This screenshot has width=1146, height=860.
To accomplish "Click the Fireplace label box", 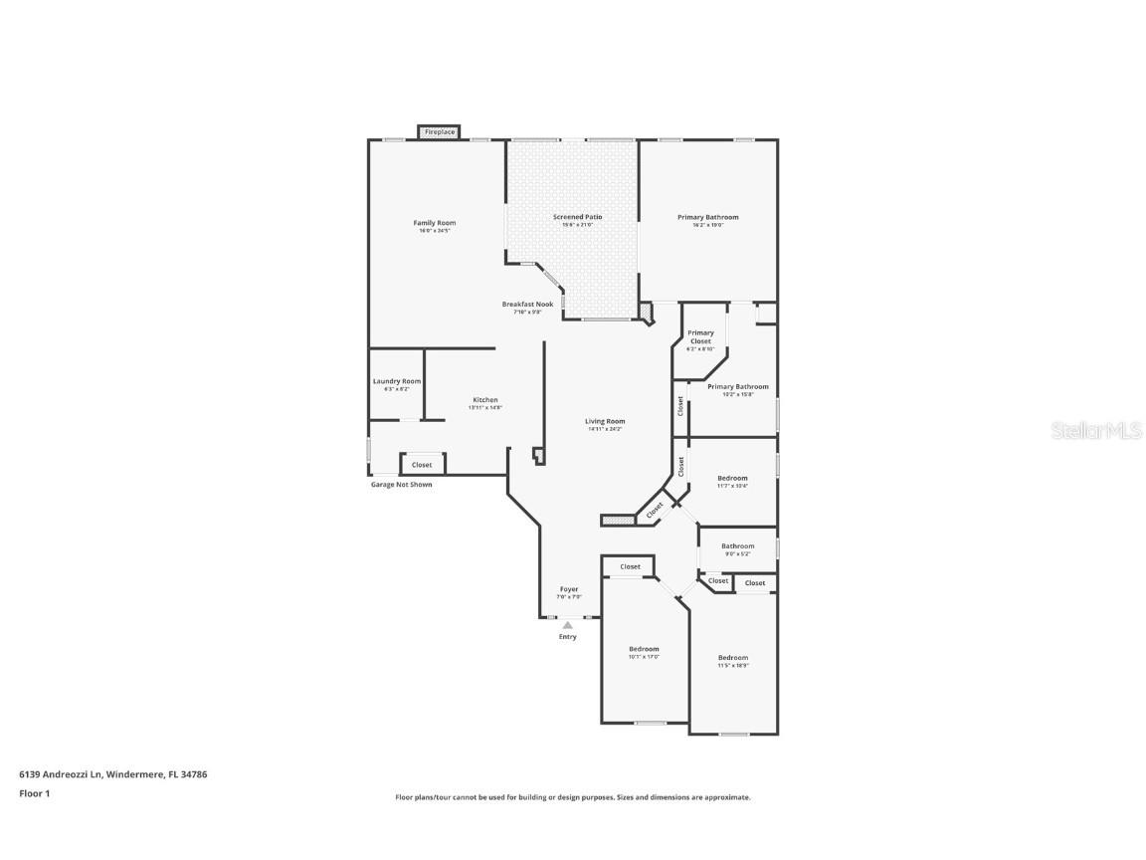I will [439, 131].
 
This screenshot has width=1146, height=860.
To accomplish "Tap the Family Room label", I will [434, 223].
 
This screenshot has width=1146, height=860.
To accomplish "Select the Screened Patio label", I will [577, 217].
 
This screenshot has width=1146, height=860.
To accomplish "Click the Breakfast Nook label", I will [527, 305].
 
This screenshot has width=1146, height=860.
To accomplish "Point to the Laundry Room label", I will [397, 381].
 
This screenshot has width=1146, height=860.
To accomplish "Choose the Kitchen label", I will [485, 400].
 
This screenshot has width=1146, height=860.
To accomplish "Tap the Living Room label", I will [605, 422].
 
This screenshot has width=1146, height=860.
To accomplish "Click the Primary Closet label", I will [700, 337].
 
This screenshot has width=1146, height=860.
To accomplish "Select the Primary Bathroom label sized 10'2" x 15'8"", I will [737, 387].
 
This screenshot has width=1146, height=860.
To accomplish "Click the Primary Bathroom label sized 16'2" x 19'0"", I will [707, 217].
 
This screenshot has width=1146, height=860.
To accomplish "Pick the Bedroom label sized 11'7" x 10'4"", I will [732, 479].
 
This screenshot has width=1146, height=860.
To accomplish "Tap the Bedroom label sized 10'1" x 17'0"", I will [644, 649].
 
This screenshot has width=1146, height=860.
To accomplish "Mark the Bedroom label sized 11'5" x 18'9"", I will [733, 658].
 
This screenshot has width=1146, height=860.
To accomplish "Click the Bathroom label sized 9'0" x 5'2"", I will [737, 546].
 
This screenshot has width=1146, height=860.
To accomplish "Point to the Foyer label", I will [567, 590].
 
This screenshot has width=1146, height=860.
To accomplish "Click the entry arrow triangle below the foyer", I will [567, 625].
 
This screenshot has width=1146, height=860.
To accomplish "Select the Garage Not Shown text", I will [401, 485].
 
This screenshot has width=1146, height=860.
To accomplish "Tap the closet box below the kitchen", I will [423, 464].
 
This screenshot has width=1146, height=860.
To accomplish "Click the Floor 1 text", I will [34, 793].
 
